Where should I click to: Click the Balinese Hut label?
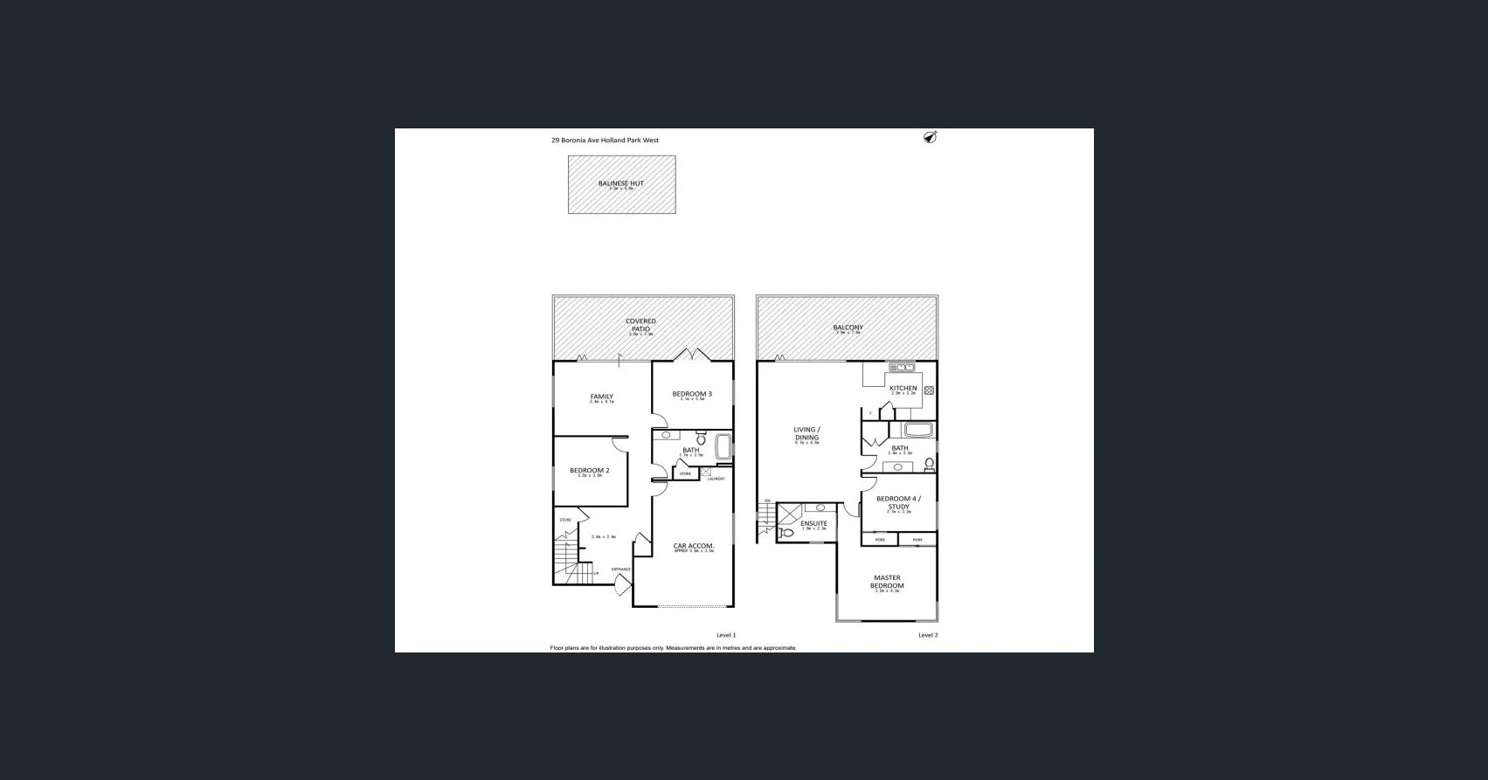tap(620, 183)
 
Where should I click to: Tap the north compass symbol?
tap(931, 137)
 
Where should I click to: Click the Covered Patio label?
tap(640, 325)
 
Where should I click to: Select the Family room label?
tap(601, 397)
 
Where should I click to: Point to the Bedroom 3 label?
tap(691, 394)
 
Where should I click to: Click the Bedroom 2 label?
tap(589, 471)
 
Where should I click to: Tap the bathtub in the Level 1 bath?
tap(723, 446)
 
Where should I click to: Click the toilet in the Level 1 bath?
tap(701, 439)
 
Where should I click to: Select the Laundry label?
tap(716, 479)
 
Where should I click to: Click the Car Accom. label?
tap(693, 547)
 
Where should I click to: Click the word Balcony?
tap(848, 328)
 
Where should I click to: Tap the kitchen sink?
tap(901, 368)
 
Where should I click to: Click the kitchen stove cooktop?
tap(929, 390)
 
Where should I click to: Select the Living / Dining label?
tap(806, 433)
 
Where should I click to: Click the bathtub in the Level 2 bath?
tap(918, 430)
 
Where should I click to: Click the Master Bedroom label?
tap(886, 582)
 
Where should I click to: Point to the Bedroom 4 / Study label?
tap(898, 503)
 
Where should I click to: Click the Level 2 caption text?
tap(928, 635)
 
